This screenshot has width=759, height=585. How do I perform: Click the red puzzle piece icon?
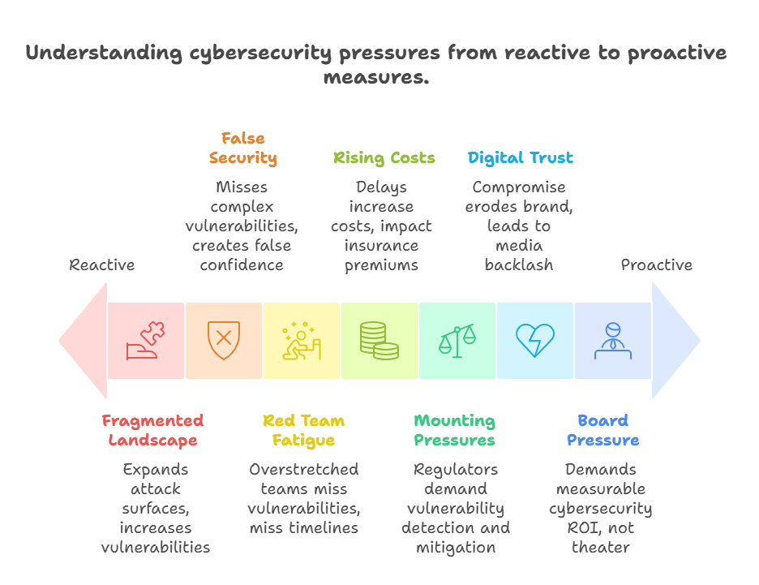pyautogui.click(x=146, y=341)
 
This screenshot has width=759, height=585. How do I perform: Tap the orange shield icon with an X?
pyautogui.click(x=224, y=341)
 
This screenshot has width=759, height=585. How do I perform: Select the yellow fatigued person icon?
pyautogui.click(x=302, y=341)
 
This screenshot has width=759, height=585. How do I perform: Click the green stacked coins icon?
pyautogui.click(x=379, y=341)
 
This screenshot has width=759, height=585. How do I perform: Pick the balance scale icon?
pyautogui.click(x=457, y=341)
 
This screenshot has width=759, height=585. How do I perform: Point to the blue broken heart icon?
pyautogui.click(x=535, y=341)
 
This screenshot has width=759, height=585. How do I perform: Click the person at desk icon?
pyautogui.click(x=613, y=341)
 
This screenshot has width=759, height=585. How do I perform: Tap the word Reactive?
pyautogui.click(x=102, y=265)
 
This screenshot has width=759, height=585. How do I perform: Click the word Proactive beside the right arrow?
pyautogui.click(x=657, y=265)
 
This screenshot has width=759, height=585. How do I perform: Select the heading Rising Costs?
pyautogui.click(x=384, y=157)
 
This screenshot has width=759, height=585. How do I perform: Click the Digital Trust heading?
pyautogui.click(x=521, y=157)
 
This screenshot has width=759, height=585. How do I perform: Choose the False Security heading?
pyautogui.click(x=243, y=148)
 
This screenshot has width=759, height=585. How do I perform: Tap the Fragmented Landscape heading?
pyautogui.click(x=152, y=431)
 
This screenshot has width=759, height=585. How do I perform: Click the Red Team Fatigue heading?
pyautogui.click(x=303, y=431)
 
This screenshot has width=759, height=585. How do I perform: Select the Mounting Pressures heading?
pyautogui.click(x=455, y=431)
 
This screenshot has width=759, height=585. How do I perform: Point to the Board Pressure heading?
pyautogui.click(x=602, y=431)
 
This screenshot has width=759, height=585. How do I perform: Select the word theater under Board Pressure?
pyautogui.click(x=600, y=548)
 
